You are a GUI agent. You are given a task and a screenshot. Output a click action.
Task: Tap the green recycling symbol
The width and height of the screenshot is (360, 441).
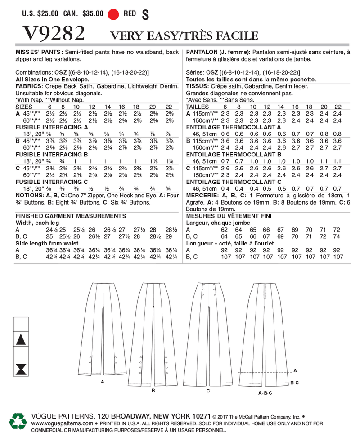(18, 421)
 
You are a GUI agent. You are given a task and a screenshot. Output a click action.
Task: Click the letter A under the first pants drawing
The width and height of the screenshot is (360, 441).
(103, 382)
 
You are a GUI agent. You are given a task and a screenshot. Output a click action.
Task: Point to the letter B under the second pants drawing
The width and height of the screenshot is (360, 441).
(153, 391)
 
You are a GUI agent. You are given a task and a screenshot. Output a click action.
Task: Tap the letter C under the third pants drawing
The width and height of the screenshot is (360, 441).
(208, 391)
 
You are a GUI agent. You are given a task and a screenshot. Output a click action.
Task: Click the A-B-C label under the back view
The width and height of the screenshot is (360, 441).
(265, 392)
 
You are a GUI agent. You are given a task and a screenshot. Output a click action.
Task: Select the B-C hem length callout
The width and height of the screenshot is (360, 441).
(294, 383)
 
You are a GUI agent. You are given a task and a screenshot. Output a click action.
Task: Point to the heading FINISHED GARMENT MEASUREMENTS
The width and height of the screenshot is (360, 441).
(64, 216)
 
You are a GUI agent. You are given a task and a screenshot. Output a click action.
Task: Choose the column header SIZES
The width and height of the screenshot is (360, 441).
(24, 107)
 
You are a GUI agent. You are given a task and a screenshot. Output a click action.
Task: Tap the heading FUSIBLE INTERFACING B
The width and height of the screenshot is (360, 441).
(52, 153)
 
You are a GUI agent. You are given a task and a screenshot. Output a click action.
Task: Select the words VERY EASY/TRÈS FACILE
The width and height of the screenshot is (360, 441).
(184, 36)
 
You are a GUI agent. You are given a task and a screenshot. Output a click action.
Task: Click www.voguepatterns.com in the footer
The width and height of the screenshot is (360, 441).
(62, 423)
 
